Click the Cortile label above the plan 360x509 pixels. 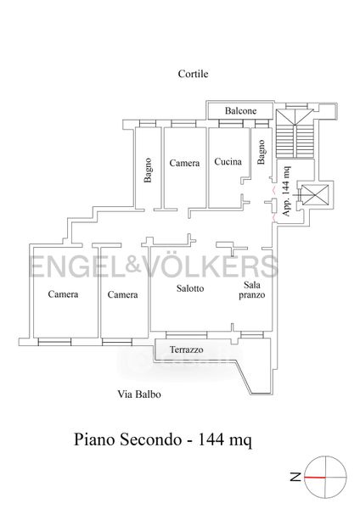pos(193,74)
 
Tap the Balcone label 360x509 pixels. pos(241,111)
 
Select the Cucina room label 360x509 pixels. pos(228,161)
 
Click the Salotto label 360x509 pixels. pos(190,288)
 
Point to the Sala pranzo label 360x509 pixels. pos(252,290)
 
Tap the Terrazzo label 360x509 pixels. pos(187,350)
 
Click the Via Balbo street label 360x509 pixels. pos(139,394)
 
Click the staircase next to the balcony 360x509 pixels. pos(295,133)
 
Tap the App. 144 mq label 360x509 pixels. pos(287,191)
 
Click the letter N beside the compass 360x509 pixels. pos(296,477)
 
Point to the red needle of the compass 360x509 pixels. pos(315,478)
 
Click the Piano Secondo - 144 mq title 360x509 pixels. pos(163,440)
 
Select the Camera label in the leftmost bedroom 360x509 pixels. pos(63,294)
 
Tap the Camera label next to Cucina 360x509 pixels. pos(184,163)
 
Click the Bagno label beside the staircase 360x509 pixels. pos(262,152)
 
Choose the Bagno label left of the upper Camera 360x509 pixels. pos(148,171)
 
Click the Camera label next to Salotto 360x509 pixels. pos(122,294)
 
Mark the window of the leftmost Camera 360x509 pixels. pos(54,342)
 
